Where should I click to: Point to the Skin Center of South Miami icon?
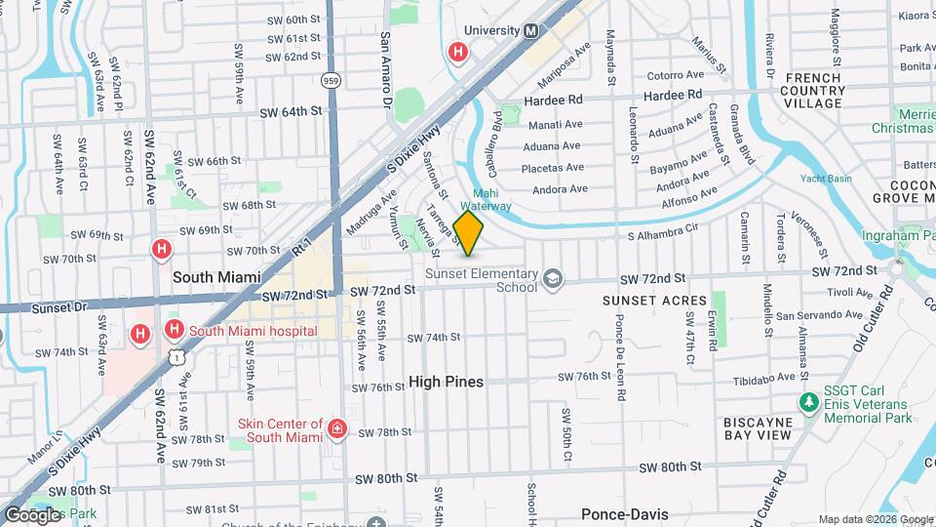(x=337, y=429)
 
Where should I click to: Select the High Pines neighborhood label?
(x=446, y=382)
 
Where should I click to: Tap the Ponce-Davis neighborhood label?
(x=623, y=513)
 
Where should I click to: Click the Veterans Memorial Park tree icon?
(x=808, y=402)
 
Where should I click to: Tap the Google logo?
(x=32, y=514)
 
